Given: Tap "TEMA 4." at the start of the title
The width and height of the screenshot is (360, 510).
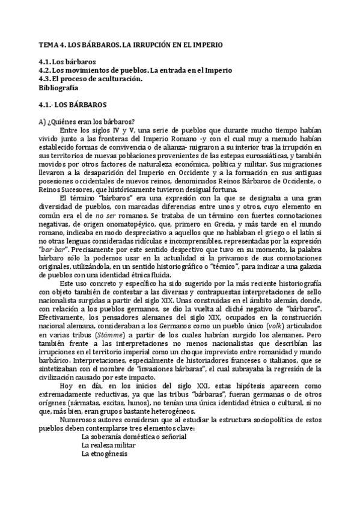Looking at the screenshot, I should tap(50, 45).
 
